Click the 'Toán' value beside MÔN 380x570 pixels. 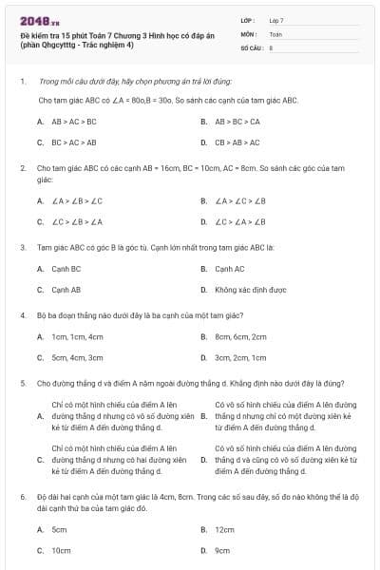click(276, 32)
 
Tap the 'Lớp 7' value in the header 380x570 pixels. click(276, 20)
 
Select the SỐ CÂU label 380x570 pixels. click(251, 46)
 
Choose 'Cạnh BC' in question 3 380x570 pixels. click(66, 269)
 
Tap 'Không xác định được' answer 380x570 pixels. click(250, 290)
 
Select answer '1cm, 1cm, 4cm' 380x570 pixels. click(77, 336)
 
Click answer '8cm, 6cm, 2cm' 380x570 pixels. click(240, 336)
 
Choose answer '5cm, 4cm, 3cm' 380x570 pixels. click(77, 357)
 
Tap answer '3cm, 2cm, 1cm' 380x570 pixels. click(240, 357)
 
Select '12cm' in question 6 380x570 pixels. click(224, 529)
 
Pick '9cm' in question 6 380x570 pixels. click(222, 550)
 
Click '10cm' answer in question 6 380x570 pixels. click(61, 550)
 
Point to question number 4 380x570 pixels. click(22, 314)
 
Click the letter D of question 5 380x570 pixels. click(203, 461)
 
